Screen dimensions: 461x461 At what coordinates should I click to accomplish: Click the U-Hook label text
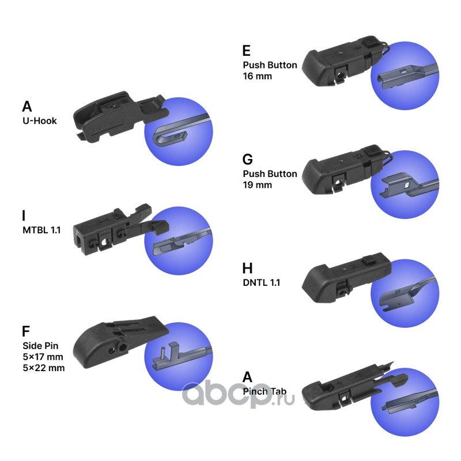point(40,121)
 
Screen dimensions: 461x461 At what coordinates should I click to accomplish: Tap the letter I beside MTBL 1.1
point(24,216)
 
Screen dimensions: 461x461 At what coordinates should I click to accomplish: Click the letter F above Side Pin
point(25,331)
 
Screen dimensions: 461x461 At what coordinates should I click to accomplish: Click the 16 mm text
point(258,75)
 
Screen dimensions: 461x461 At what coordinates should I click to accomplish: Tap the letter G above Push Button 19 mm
point(248,160)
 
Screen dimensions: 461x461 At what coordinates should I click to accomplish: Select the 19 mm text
point(258,185)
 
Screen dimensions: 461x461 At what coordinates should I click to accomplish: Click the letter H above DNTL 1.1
point(248,268)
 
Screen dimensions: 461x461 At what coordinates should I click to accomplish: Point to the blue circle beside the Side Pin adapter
point(178,357)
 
